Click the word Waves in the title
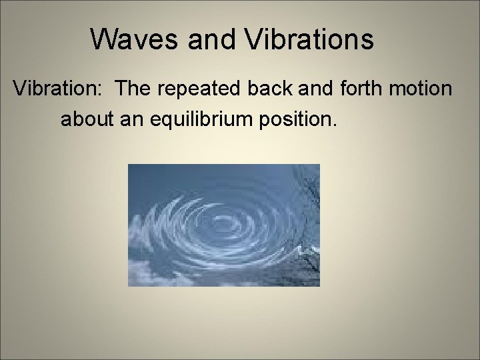click(x=136, y=39)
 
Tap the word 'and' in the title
click(x=213, y=39)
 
